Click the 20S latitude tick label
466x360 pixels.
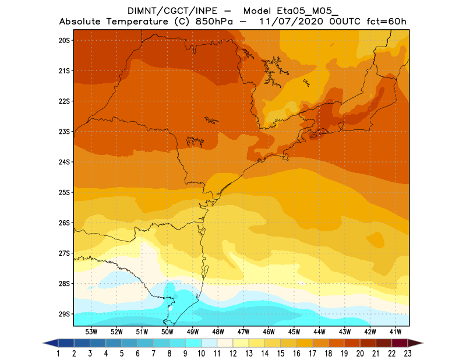(x=64, y=40)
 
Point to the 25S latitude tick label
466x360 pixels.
(x=64, y=192)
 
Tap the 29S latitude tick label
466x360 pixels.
(x=64, y=314)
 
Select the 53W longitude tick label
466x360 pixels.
(x=91, y=331)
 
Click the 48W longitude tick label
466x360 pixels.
(x=218, y=331)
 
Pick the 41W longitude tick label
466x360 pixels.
(x=396, y=331)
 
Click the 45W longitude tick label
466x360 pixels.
(x=294, y=331)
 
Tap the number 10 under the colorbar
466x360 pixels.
(x=201, y=354)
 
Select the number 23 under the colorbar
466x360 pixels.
(x=407, y=354)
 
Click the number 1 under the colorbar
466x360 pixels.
(x=59, y=354)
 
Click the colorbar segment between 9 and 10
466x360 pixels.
(x=193, y=343)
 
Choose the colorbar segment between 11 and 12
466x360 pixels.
(x=225, y=343)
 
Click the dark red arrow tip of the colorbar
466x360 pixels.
(x=415, y=343)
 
